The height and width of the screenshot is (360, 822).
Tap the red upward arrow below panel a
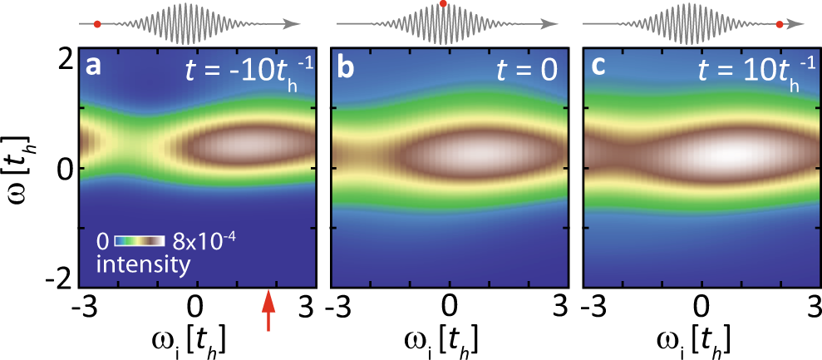click(268, 313)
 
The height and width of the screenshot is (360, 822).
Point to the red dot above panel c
click(779, 25)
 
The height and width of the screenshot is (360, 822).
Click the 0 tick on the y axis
click(63, 169)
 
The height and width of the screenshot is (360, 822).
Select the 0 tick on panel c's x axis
click(701, 304)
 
